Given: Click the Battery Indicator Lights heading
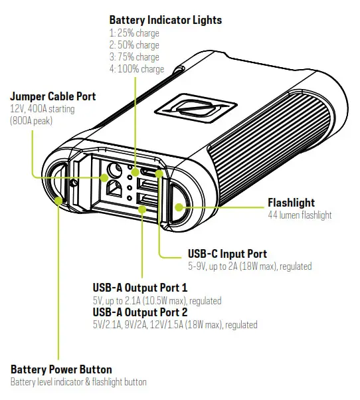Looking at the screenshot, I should pos(165,20).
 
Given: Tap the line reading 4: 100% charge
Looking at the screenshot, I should pos(136,68).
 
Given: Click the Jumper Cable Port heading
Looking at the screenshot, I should pos(53,96).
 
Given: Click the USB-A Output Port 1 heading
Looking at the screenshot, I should pos(140,288).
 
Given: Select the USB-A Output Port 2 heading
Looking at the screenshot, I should pos(140,312).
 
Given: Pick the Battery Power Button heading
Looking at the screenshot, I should pos(61,369).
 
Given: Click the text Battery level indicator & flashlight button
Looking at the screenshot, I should pos(78,382).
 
